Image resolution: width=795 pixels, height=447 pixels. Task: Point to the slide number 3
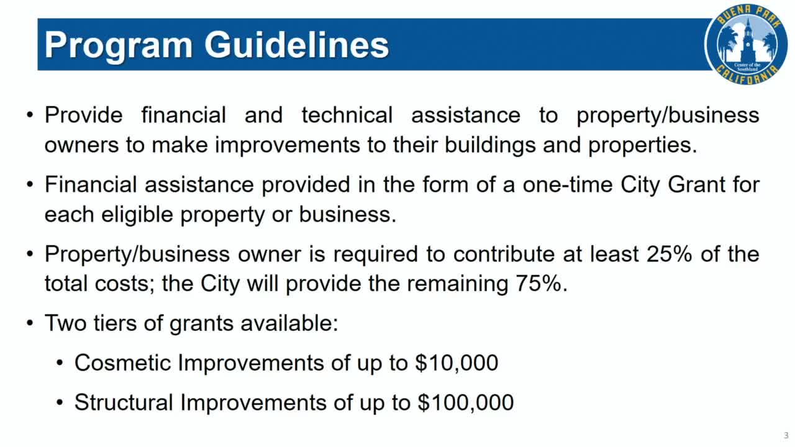tap(786, 435)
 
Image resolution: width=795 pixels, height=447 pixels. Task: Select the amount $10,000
tap(457, 363)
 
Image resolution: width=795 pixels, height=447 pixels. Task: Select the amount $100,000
tap(465, 403)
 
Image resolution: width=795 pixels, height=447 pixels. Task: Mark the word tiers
tap(106, 323)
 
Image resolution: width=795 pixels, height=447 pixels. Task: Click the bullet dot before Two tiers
tap(30, 324)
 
